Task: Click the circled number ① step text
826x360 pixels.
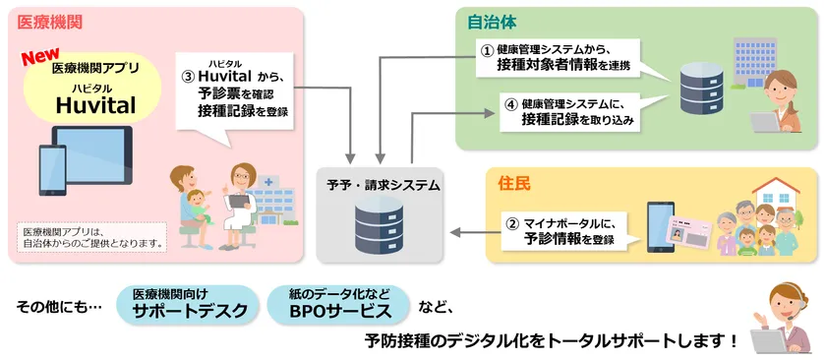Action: tap(558, 56)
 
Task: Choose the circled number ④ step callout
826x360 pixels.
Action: tap(567, 111)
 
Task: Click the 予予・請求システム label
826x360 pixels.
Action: tap(384, 184)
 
